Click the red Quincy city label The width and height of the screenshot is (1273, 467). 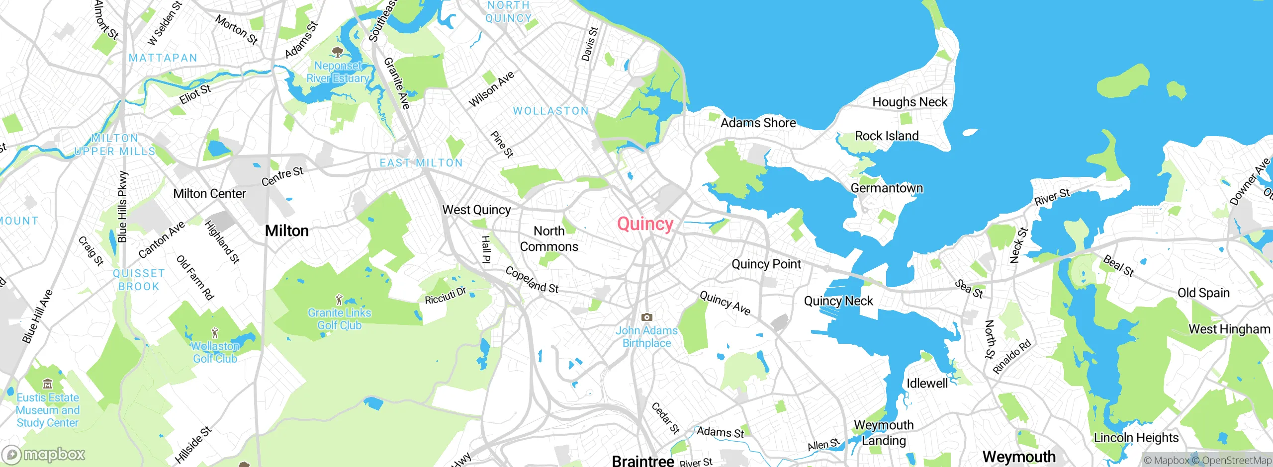[x=645, y=224]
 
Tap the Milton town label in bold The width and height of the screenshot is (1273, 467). [x=286, y=231]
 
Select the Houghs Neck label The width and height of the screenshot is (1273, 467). [x=909, y=102]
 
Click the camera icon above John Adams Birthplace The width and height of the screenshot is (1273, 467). [x=646, y=317]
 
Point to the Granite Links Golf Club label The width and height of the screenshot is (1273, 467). [x=339, y=319]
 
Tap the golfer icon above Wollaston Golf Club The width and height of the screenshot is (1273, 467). [x=215, y=332]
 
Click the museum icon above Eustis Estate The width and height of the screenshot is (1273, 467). [x=48, y=384]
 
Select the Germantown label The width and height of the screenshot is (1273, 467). [x=887, y=188]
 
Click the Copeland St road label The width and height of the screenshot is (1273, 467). [x=532, y=280]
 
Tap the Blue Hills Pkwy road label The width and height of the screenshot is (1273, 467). [x=122, y=207]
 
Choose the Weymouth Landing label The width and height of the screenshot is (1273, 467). [x=884, y=432]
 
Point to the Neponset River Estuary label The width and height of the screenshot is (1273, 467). [x=338, y=72]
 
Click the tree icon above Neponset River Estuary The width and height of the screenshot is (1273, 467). [x=338, y=52]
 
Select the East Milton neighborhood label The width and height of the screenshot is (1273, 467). [x=421, y=163]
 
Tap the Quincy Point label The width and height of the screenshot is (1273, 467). [x=766, y=264]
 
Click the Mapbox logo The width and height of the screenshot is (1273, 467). [x=44, y=454]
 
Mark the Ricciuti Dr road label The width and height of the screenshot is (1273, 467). [x=446, y=295]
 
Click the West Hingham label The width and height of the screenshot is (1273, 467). [x=1229, y=329]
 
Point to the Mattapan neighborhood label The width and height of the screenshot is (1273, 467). [x=163, y=58]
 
